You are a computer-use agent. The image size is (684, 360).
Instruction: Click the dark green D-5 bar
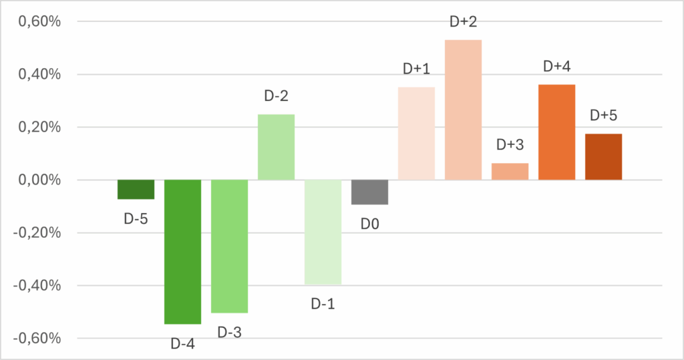(x=136, y=189)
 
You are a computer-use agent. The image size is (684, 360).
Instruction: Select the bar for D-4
(x=182, y=252)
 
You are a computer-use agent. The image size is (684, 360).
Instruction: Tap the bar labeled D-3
(x=229, y=246)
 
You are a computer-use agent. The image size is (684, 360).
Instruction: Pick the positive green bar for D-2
(x=276, y=147)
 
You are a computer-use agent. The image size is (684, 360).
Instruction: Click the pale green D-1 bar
(x=323, y=232)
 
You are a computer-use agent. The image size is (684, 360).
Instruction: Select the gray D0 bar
(x=369, y=192)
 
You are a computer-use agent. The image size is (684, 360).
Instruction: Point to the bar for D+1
(x=416, y=133)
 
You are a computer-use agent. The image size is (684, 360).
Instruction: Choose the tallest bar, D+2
(x=463, y=110)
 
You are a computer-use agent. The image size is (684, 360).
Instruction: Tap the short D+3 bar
(x=510, y=172)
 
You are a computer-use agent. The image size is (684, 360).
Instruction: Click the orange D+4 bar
(x=556, y=132)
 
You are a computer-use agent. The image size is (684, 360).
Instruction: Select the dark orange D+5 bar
(x=603, y=156)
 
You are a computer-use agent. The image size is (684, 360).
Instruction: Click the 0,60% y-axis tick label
(x=39, y=22)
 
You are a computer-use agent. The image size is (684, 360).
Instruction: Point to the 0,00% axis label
(x=39, y=180)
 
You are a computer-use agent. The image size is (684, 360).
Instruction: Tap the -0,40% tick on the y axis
(x=37, y=286)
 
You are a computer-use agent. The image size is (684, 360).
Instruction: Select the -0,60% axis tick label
(x=37, y=339)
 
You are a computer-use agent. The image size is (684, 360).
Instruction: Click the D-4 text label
(x=182, y=344)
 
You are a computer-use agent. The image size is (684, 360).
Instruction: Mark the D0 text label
(x=370, y=224)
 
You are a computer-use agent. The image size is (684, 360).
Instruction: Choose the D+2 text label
(x=463, y=22)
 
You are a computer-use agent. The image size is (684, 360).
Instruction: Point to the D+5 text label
(x=603, y=116)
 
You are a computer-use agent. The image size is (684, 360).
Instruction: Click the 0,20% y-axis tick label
(x=39, y=128)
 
